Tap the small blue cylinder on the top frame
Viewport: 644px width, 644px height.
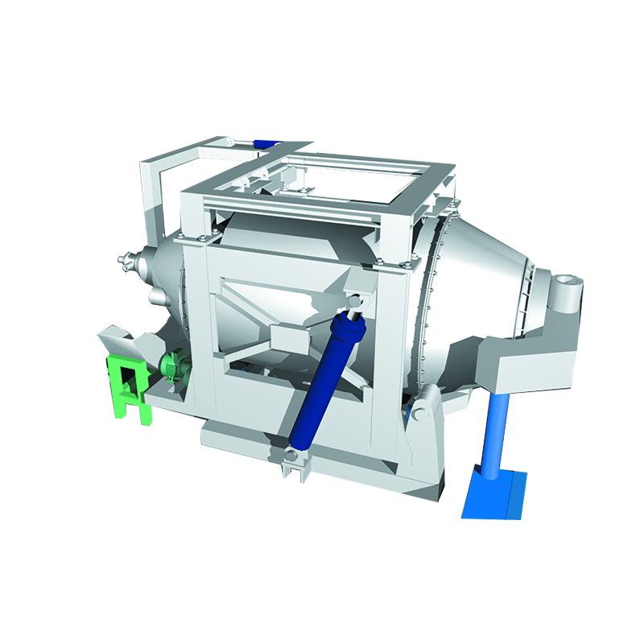pyautogui.click(x=265, y=143)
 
